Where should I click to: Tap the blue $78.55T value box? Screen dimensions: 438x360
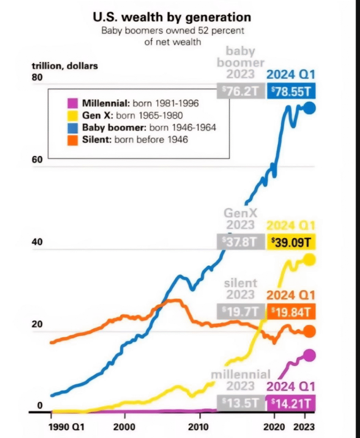click(291, 91)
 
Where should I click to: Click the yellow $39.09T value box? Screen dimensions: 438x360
click(291, 242)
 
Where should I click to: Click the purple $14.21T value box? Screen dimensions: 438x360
click(291, 403)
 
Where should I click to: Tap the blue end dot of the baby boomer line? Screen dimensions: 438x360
click(309, 108)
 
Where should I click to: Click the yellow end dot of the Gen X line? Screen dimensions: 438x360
click(309, 259)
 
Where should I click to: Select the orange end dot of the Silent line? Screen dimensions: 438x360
click(309, 331)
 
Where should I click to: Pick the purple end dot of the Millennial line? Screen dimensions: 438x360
click(309, 355)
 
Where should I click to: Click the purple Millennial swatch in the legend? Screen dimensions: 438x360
click(72, 104)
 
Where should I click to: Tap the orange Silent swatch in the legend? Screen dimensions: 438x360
click(72, 139)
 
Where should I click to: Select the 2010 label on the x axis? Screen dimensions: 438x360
click(198, 427)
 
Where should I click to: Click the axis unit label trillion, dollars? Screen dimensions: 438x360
click(65, 66)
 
